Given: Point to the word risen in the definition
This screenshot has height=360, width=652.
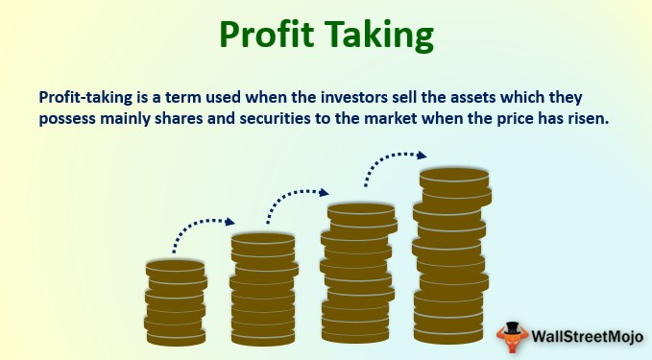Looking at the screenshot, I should click(585, 118).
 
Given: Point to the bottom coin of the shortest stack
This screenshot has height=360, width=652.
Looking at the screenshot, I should click(176, 337).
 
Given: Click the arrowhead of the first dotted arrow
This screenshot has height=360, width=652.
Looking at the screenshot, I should click(229, 222).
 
